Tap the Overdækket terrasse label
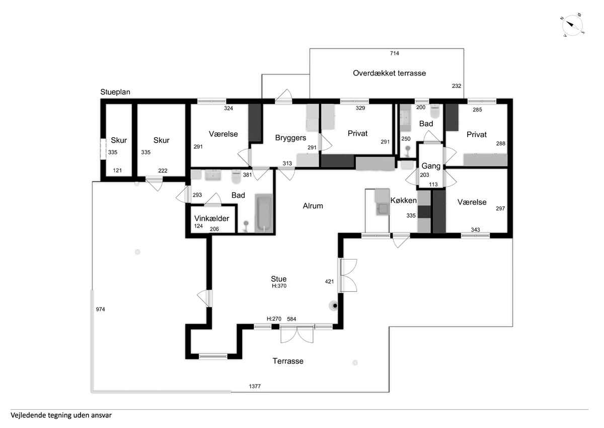[x=389, y=73]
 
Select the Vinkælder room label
[x=212, y=219]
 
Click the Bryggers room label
[x=290, y=137]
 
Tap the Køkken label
[x=403, y=200]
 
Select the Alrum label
[x=313, y=206]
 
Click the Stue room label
[x=278, y=279]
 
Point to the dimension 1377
[x=255, y=387]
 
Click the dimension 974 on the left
[x=101, y=309]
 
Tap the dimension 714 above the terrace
[x=394, y=53]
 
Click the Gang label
[x=431, y=166]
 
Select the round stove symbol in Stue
[x=334, y=305]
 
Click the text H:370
[x=279, y=286]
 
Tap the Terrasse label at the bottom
[x=288, y=361]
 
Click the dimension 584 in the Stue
[x=291, y=319]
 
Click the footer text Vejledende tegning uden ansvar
[x=61, y=416]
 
